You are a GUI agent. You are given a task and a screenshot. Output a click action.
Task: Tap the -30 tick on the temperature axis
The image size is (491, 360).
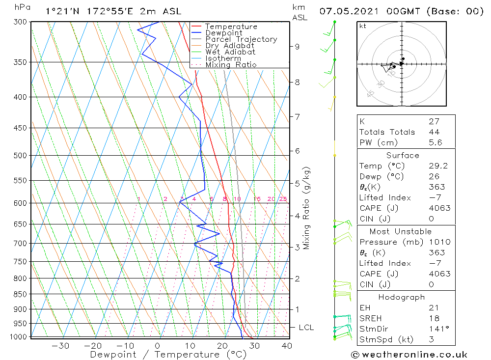(x=60, y=346)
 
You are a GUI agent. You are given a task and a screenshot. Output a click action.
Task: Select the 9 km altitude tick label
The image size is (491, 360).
(x=297, y=47)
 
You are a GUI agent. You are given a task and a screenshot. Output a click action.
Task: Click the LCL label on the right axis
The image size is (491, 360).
(x=306, y=328)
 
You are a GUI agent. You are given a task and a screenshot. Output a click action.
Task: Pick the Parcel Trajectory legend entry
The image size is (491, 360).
(x=241, y=39)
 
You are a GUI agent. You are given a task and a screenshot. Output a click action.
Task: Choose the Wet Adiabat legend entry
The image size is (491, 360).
(x=230, y=52)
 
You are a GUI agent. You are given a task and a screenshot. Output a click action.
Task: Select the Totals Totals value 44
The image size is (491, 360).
(x=434, y=132)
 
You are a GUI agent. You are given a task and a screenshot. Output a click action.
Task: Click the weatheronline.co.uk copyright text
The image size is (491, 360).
(x=409, y=355)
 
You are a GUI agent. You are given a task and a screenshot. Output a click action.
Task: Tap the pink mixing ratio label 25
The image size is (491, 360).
(x=283, y=199)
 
